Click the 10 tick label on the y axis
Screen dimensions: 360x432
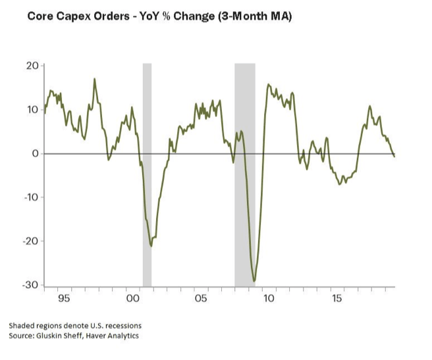coord(33,109)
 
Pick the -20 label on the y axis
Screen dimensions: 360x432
coord(31,241)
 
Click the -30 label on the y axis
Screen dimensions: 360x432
coord(31,285)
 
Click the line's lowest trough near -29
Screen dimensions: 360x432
coord(254,281)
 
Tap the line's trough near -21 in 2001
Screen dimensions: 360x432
coord(151,246)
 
